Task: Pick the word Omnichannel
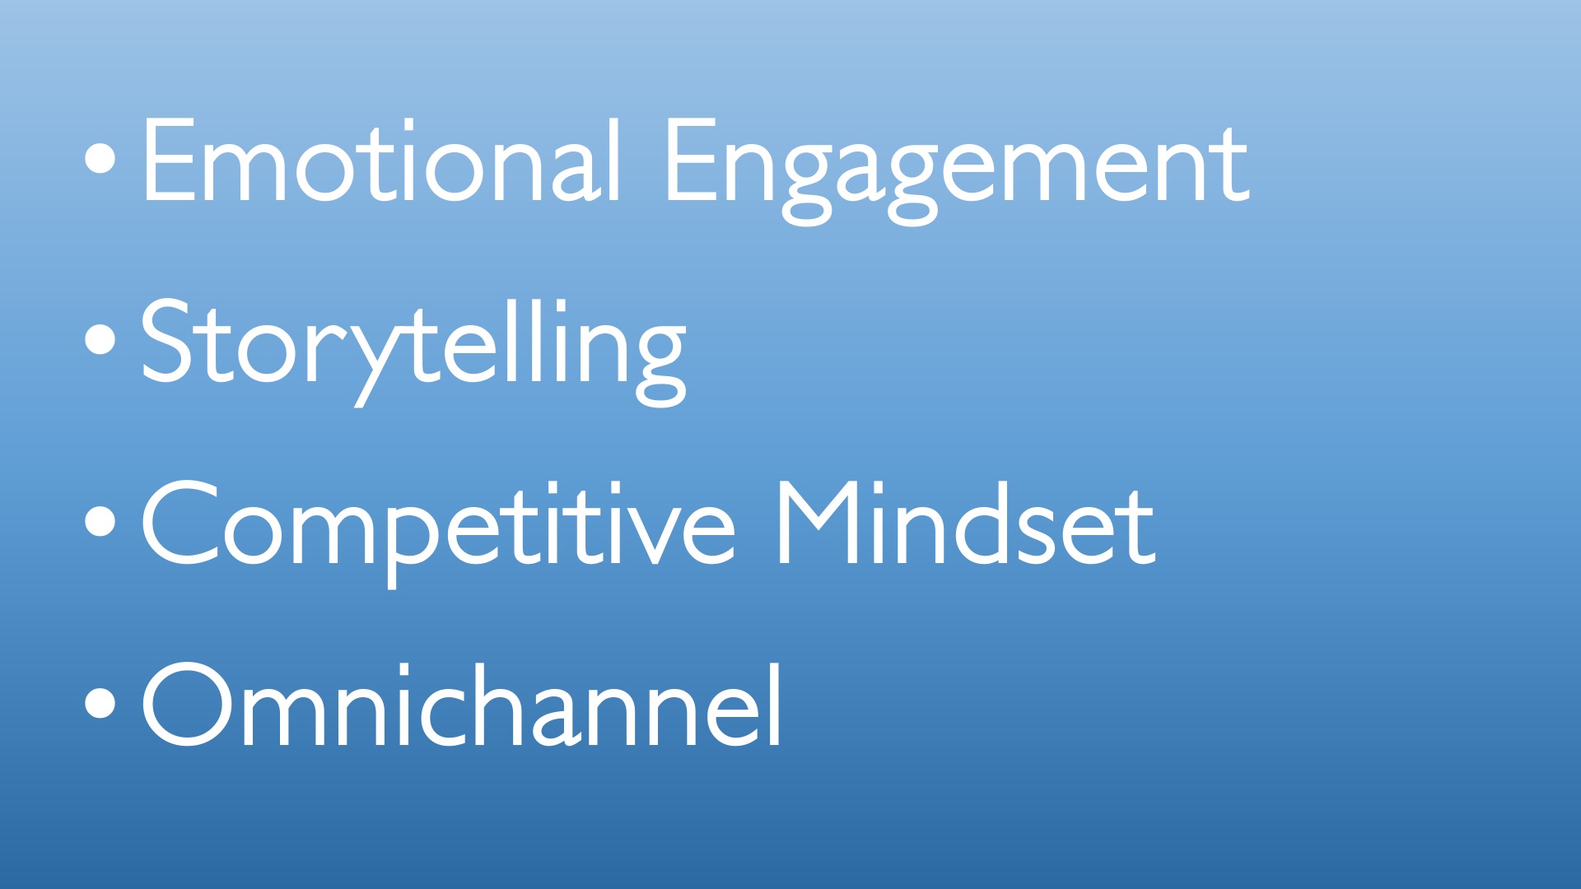(461, 705)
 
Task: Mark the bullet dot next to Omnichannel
(100, 705)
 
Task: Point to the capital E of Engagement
(691, 159)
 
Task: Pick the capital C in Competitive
(179, 523)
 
